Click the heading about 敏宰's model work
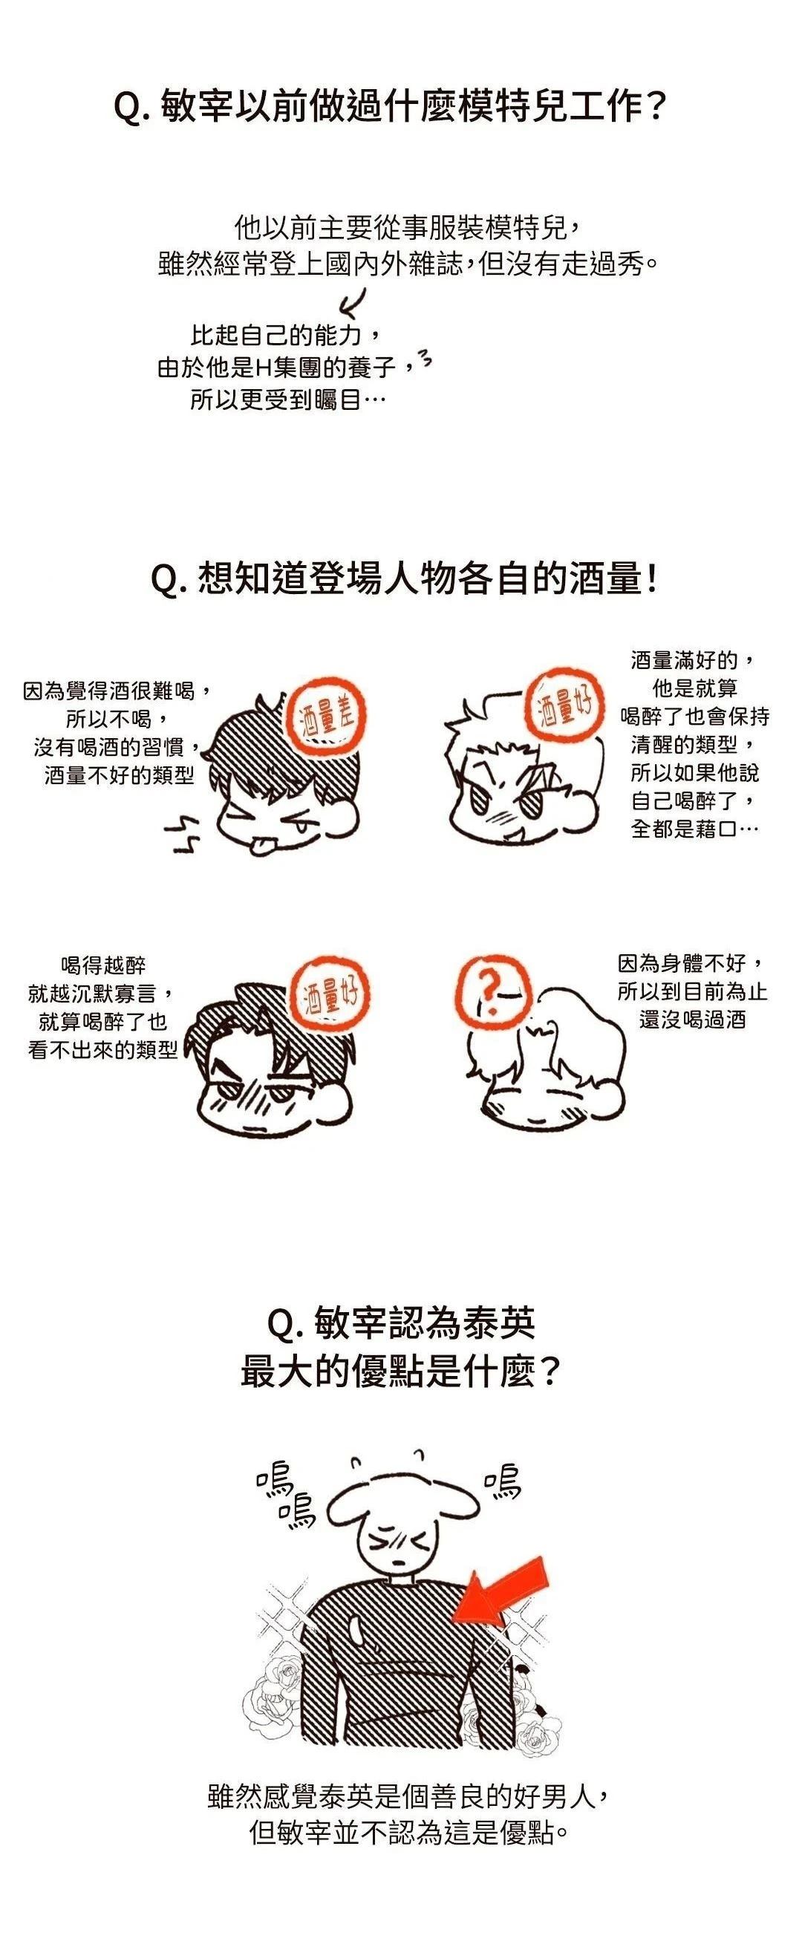[x=389, y=107]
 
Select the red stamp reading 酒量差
[x=327, y=717]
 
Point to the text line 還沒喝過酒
[x=692, y=1019]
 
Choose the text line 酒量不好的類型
[x=119, y=775]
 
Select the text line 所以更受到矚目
[x=288, y=400]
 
